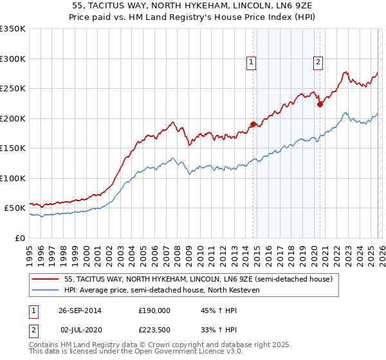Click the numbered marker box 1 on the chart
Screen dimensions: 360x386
tap(250, 62)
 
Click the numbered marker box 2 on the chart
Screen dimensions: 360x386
tap(318, 62)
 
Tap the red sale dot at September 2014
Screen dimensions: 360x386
tap(253, 124)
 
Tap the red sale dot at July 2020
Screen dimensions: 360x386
tap(320, 104)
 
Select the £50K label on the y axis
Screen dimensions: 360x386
tap(15, 208)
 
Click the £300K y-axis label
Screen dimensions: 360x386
tap(13, 59)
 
